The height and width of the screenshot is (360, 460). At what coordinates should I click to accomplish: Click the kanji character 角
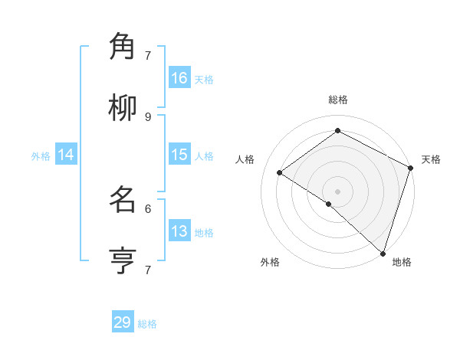click(x=123, y=47)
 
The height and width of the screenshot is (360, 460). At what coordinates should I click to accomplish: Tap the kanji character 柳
click(x=123, y=109)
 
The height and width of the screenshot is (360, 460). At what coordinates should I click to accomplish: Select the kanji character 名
click(x=123, y=201)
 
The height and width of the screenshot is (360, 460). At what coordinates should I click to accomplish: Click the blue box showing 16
click(x=179, y=78)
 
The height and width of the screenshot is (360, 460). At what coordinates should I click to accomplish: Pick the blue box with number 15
click(x=179, y=155)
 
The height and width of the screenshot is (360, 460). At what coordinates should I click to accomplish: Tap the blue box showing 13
click(x=179, y=231)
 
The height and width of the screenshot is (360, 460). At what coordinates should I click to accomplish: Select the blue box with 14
click(x=66, y=155)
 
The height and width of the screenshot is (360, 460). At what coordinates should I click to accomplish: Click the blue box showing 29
click(x=123, y=322)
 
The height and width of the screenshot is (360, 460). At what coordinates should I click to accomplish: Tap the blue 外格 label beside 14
click(x=41, y=156)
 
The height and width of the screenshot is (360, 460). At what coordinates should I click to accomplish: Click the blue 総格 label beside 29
click(x=147, y=324)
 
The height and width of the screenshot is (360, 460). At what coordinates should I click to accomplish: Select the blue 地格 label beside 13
click(x=204, y=233)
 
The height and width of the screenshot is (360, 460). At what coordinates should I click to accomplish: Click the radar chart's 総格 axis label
click(x=338, y=100)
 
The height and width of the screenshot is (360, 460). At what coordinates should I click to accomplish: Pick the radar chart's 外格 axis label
click(x=270, y=263)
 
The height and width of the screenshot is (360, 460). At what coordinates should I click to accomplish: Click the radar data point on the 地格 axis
click(x=383, y=254)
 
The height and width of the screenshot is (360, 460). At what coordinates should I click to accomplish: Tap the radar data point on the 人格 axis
click(x=280, y=173)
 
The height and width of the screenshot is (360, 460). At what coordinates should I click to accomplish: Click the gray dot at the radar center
click(x=337, y=191)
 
